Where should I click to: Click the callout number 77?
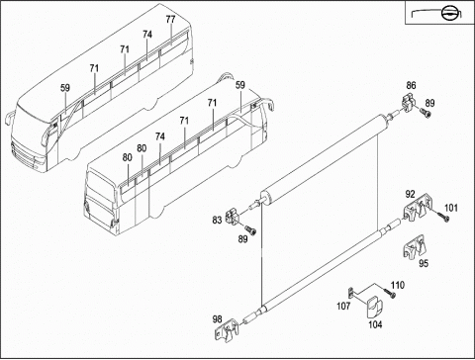coord(170,20)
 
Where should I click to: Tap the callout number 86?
coord(411,85)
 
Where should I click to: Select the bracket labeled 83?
coord(232,217)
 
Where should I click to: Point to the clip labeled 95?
coord(414,247)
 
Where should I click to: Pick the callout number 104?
coord(375,324)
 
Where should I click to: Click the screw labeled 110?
coord(390,293)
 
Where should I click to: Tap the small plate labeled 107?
coord(351,292)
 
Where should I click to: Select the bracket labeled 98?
coord(227,330)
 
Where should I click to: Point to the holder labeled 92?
coord(418,207)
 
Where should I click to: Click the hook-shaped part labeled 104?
coord(375,307)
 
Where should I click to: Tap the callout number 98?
coord(217,319)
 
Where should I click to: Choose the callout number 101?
coord(451,208)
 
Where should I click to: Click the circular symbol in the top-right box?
coord(448,14)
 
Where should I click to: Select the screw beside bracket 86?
coord(426,113)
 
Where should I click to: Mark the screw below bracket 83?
coord(250,229)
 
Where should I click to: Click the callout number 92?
coord(410,194)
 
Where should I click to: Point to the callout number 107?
coord(343,306)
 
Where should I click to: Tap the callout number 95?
coord(424,263)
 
